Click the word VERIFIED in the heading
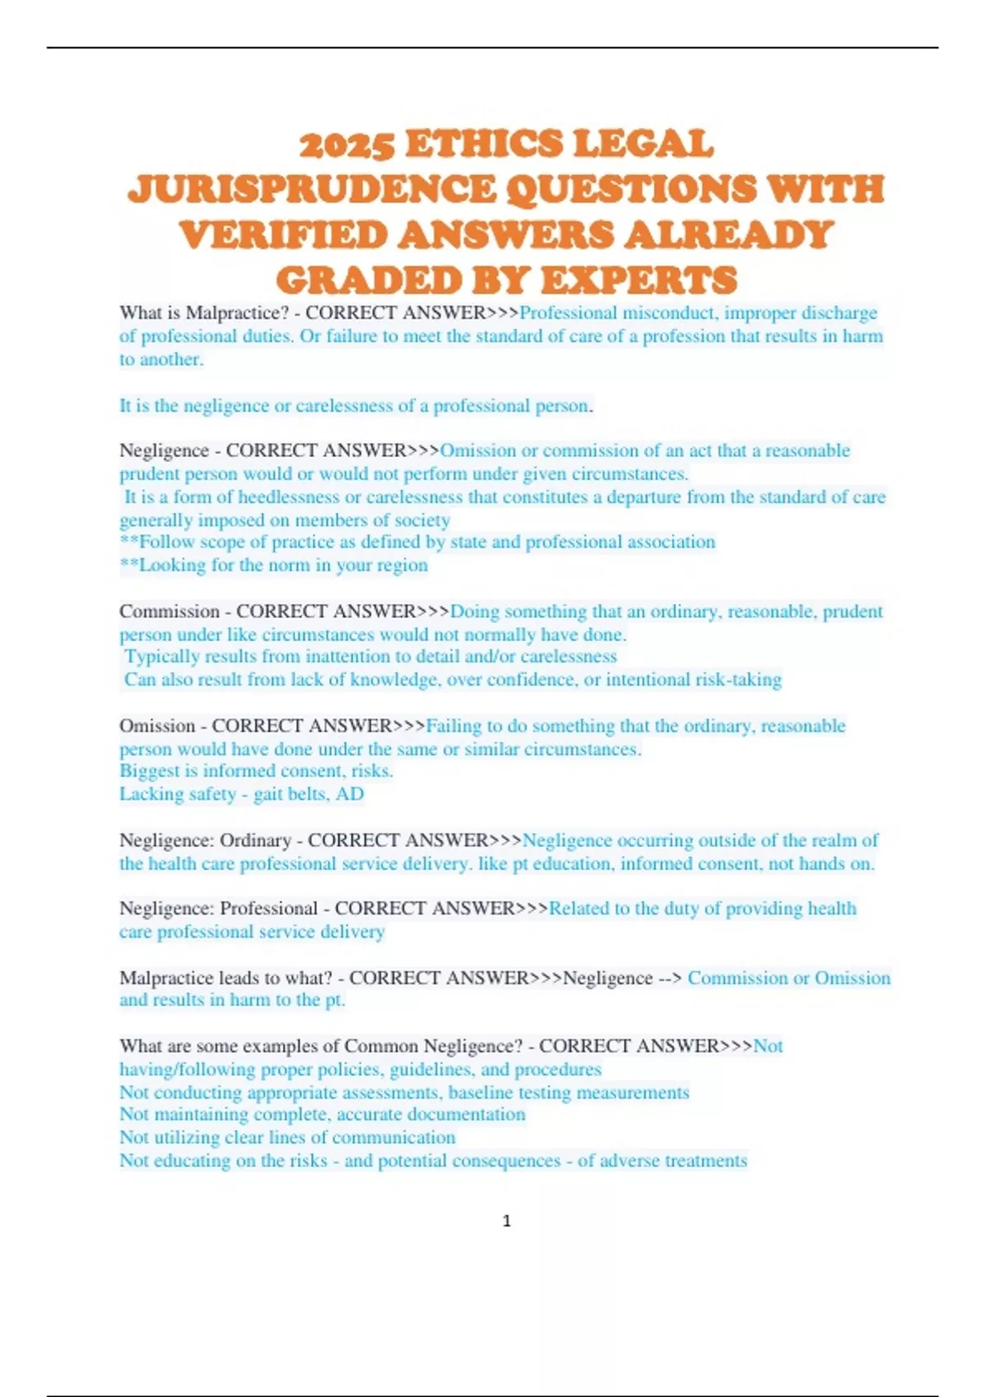tap(283, 235)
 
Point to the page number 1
tap(506, 1221)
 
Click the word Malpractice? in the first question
tap(233, 313)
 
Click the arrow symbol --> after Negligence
tap(670, 978)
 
